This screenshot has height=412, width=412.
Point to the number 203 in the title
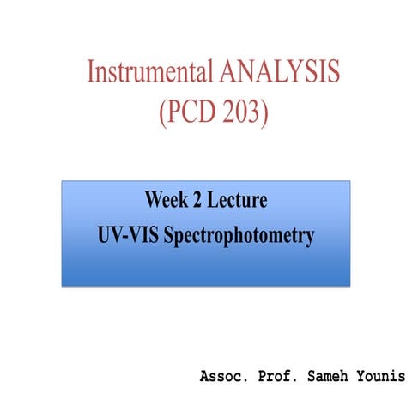tap(239, 114)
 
